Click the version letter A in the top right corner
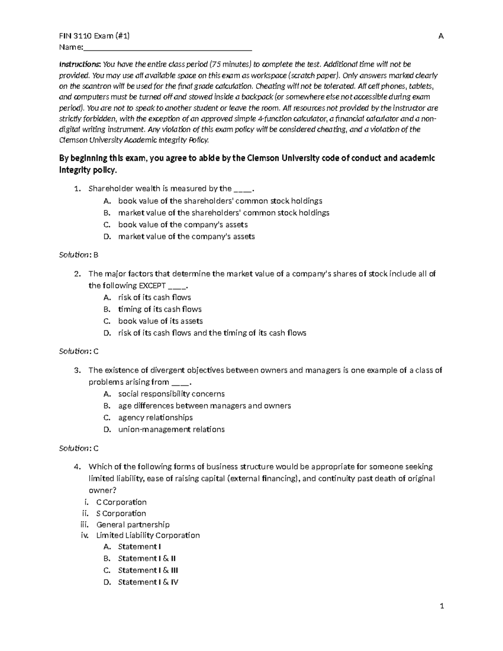tap(441, 36)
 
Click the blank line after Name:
tap(168, 48)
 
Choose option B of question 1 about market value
tap(223, 213)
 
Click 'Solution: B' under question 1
tap(78, 254)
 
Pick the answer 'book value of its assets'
tap(160, 321)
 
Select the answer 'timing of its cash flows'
tap(160, 309)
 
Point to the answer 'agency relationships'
tap(155, 418)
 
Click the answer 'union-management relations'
tap(171, 429)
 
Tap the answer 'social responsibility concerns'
tap(171, 394)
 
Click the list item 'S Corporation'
tap(121, 514)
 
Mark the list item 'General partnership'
tap(133, 524)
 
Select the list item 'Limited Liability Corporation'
tap(148, 535)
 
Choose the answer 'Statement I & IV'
tap(148, 582)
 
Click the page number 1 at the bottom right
tap(441, 606)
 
